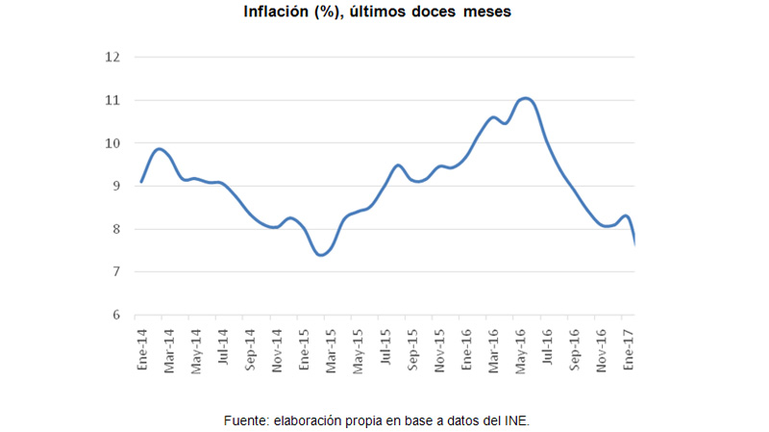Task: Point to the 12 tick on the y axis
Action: click(x=113, y=57)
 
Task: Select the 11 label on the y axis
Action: click(x=113, y=100)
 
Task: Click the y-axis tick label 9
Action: click(x=116, y=186)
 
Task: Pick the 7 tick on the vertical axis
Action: click(x=116, y=272)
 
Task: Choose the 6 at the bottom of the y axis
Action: click(x=116, y=316)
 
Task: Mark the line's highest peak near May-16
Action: click(x=526, y=98)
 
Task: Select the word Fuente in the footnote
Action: click(x=246, y=420)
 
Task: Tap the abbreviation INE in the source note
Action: click(x=515, y=420)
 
